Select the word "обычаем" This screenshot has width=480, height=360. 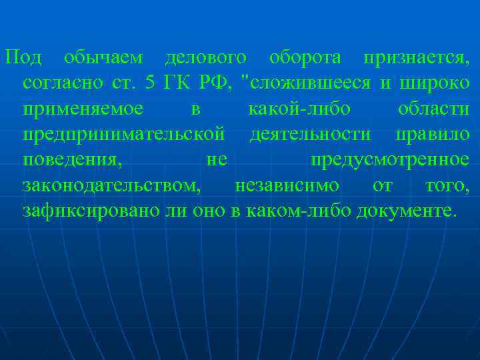point(103,59)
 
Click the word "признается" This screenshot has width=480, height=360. point(416,59)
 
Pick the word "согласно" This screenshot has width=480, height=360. point(63,84)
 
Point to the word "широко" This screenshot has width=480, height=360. point(434,84)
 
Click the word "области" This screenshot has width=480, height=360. point(433,109)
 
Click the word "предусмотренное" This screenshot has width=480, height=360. point(390,160)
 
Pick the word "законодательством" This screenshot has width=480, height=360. point(111,185)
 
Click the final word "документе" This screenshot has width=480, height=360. point(407,211)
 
